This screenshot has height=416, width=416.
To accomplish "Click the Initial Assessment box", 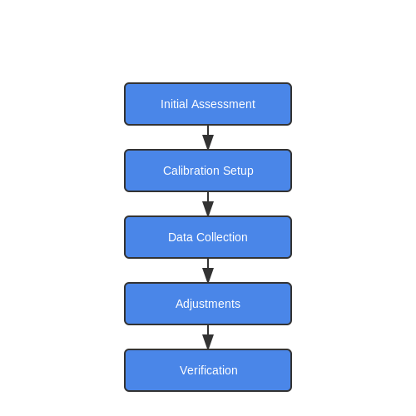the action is tap(208, 104).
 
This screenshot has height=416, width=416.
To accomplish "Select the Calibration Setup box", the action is tap(208, 171).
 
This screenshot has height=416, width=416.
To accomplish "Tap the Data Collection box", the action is tap(208, 237).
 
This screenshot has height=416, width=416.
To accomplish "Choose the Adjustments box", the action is tap(208, 304).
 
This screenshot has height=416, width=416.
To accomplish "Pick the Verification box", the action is tap(208, 370).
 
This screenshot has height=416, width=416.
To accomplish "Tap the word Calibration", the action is tap(191, 171).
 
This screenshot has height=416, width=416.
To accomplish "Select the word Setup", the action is tap(238, 171).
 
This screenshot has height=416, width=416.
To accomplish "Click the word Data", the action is tap(181, 237).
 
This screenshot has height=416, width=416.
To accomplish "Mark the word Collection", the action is tap(222, 237).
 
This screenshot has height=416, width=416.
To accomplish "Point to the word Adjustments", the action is tap(208, 305).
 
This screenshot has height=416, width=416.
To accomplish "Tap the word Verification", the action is tap(209, 370).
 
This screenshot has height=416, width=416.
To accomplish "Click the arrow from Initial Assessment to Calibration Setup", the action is tap(208, 137).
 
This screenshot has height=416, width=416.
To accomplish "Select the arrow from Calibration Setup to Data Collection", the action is tap(208, 204).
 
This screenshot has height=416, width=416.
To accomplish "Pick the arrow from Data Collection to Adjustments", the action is tap(208, 270).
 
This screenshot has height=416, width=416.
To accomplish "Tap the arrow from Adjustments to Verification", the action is tap(208, 337).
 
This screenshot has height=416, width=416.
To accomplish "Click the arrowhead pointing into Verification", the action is tap(208, 342).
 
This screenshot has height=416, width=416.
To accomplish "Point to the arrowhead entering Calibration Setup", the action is tap(208, 142).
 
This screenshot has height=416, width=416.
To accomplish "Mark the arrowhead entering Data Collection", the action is tap(208, 209).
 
